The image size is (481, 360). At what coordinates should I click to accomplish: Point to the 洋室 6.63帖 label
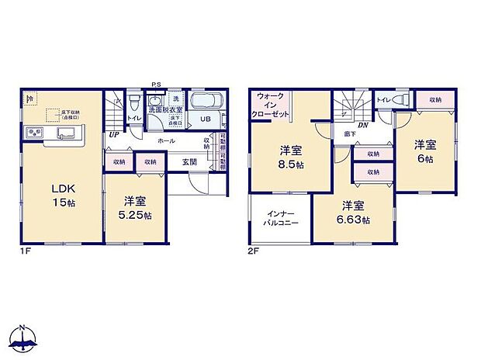pos(353,213)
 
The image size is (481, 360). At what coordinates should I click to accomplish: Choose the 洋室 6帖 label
pos(424,151)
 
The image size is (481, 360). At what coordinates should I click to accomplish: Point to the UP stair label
pos(114,134)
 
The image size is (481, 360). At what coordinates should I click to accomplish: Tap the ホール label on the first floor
pos(165,140)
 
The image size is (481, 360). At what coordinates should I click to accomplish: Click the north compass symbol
pos(23,337)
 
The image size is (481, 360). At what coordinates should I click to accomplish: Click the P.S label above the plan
pos(155,85)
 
